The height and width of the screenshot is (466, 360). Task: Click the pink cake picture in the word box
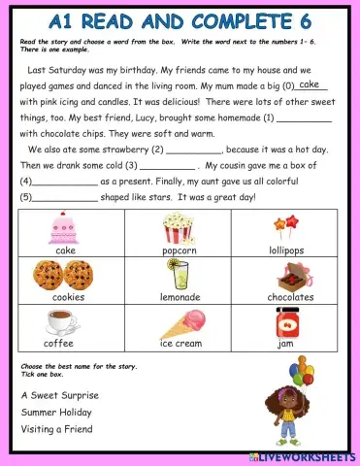(65, 228)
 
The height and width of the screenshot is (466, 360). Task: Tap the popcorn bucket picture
(179, 228)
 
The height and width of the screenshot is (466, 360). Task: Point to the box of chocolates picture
(290, 275)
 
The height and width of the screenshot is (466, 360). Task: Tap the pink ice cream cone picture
(184, 322)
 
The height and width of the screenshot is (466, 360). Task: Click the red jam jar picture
(286, 321)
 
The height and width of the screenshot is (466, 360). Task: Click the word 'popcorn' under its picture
(179, 250)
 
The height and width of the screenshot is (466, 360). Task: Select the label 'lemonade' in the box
(179, 297)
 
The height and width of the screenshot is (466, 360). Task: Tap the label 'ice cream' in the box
(180, 344)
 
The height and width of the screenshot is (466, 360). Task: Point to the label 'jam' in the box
(286, 344)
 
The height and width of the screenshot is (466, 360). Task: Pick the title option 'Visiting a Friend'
(56, 429)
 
